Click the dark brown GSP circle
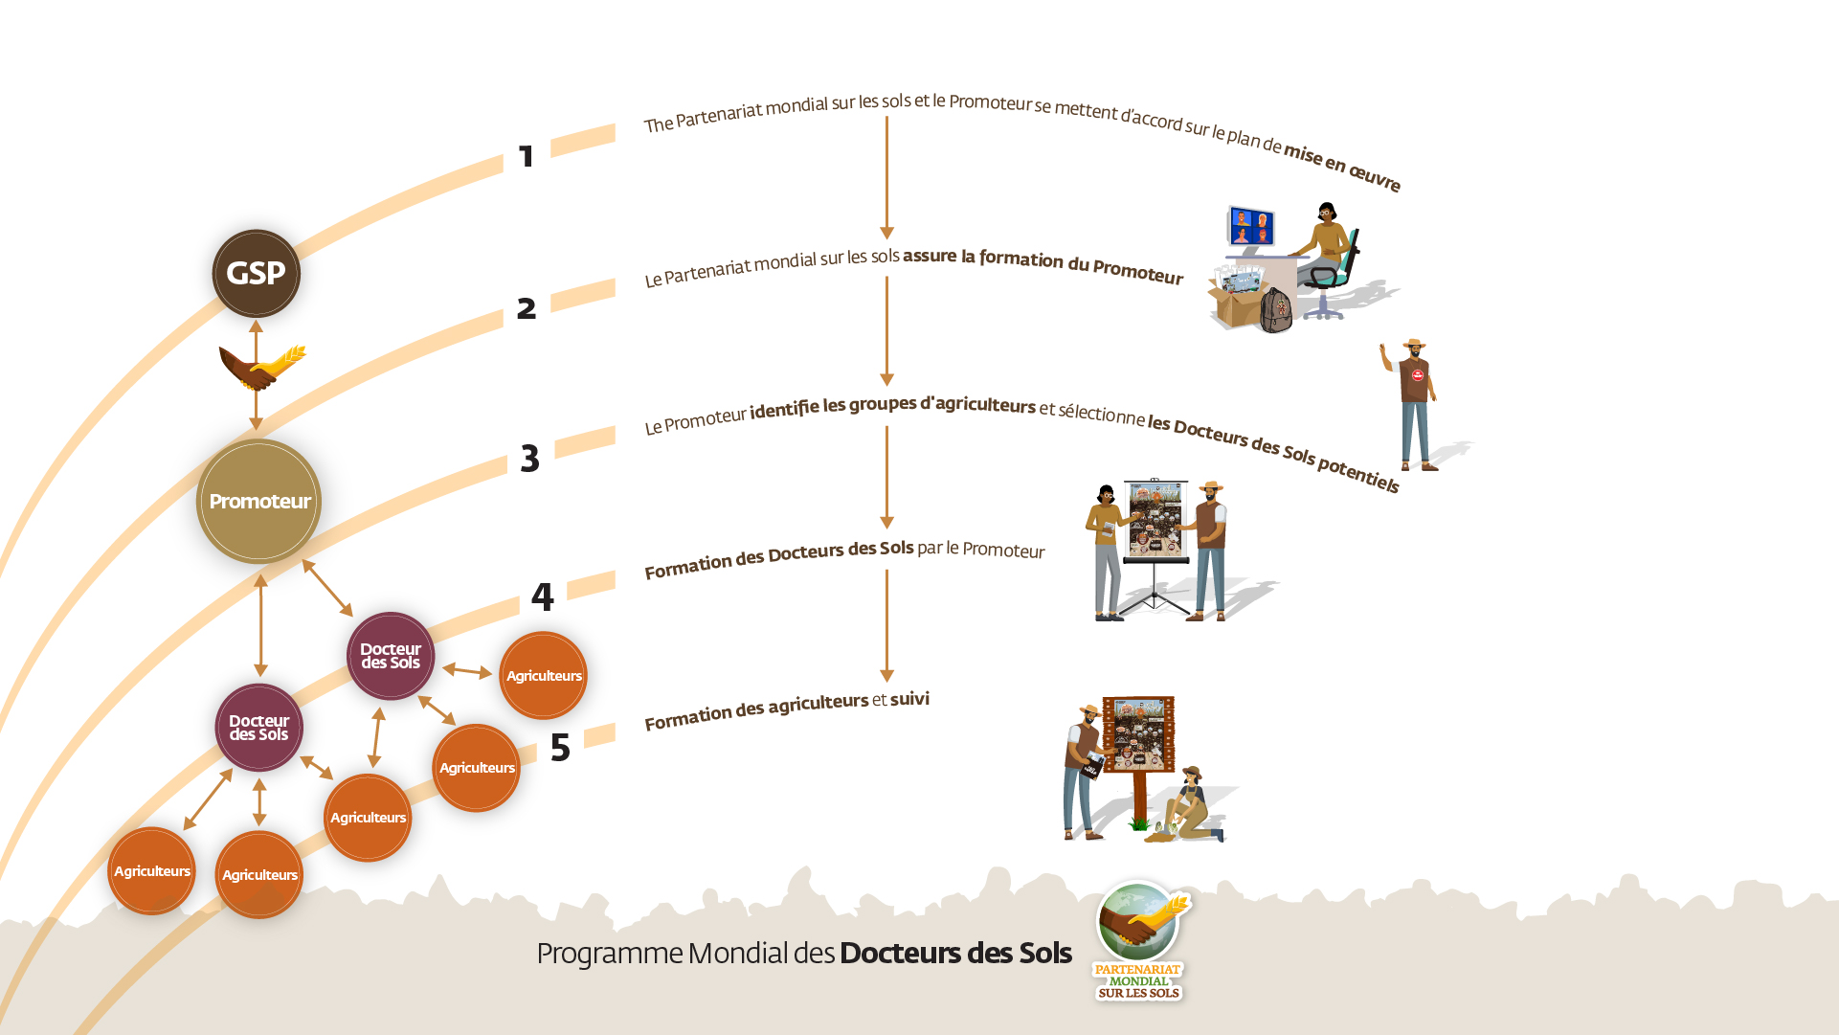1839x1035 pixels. point(256,274)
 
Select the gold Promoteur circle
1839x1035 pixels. point(258,501)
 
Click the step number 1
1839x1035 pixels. point(526,156)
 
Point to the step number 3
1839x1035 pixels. point(529,459)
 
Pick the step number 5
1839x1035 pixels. point(560,748)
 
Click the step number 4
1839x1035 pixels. point(543,597)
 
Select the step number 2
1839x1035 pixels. point(526,308)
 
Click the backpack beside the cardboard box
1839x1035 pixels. point(1276,310)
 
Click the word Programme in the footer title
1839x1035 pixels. point(609,954)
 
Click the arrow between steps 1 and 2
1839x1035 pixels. point(886,177)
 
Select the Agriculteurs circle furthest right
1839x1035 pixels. point(543,675)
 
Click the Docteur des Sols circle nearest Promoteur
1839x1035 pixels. point(391,656)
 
